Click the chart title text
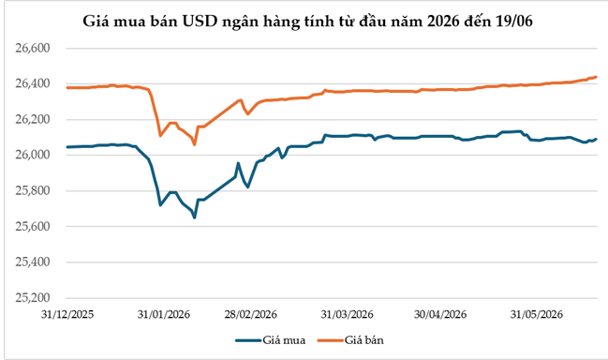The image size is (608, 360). [307, 22]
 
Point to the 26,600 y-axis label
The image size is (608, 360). [33, 48]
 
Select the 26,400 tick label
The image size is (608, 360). [33, 83]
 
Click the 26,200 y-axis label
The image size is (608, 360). [33, 119]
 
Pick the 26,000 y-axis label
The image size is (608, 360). [33, 156]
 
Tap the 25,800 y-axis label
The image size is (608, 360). [33, 191]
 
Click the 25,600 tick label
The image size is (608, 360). [33, 227]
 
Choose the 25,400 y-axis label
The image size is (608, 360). [33, 262]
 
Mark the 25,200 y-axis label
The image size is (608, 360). [33, 298]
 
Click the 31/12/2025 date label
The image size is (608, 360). [67, 314]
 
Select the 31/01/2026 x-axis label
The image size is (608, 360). [164, 314]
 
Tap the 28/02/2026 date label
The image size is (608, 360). [250, 314]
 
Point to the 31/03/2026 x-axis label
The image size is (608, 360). [347, 314]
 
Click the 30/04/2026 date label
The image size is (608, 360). [440, 314]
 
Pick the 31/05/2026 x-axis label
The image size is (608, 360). [536, 314]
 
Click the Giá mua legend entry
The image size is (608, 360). [271, 340]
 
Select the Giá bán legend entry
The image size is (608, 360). [350, 340]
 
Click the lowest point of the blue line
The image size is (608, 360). [194, 217]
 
